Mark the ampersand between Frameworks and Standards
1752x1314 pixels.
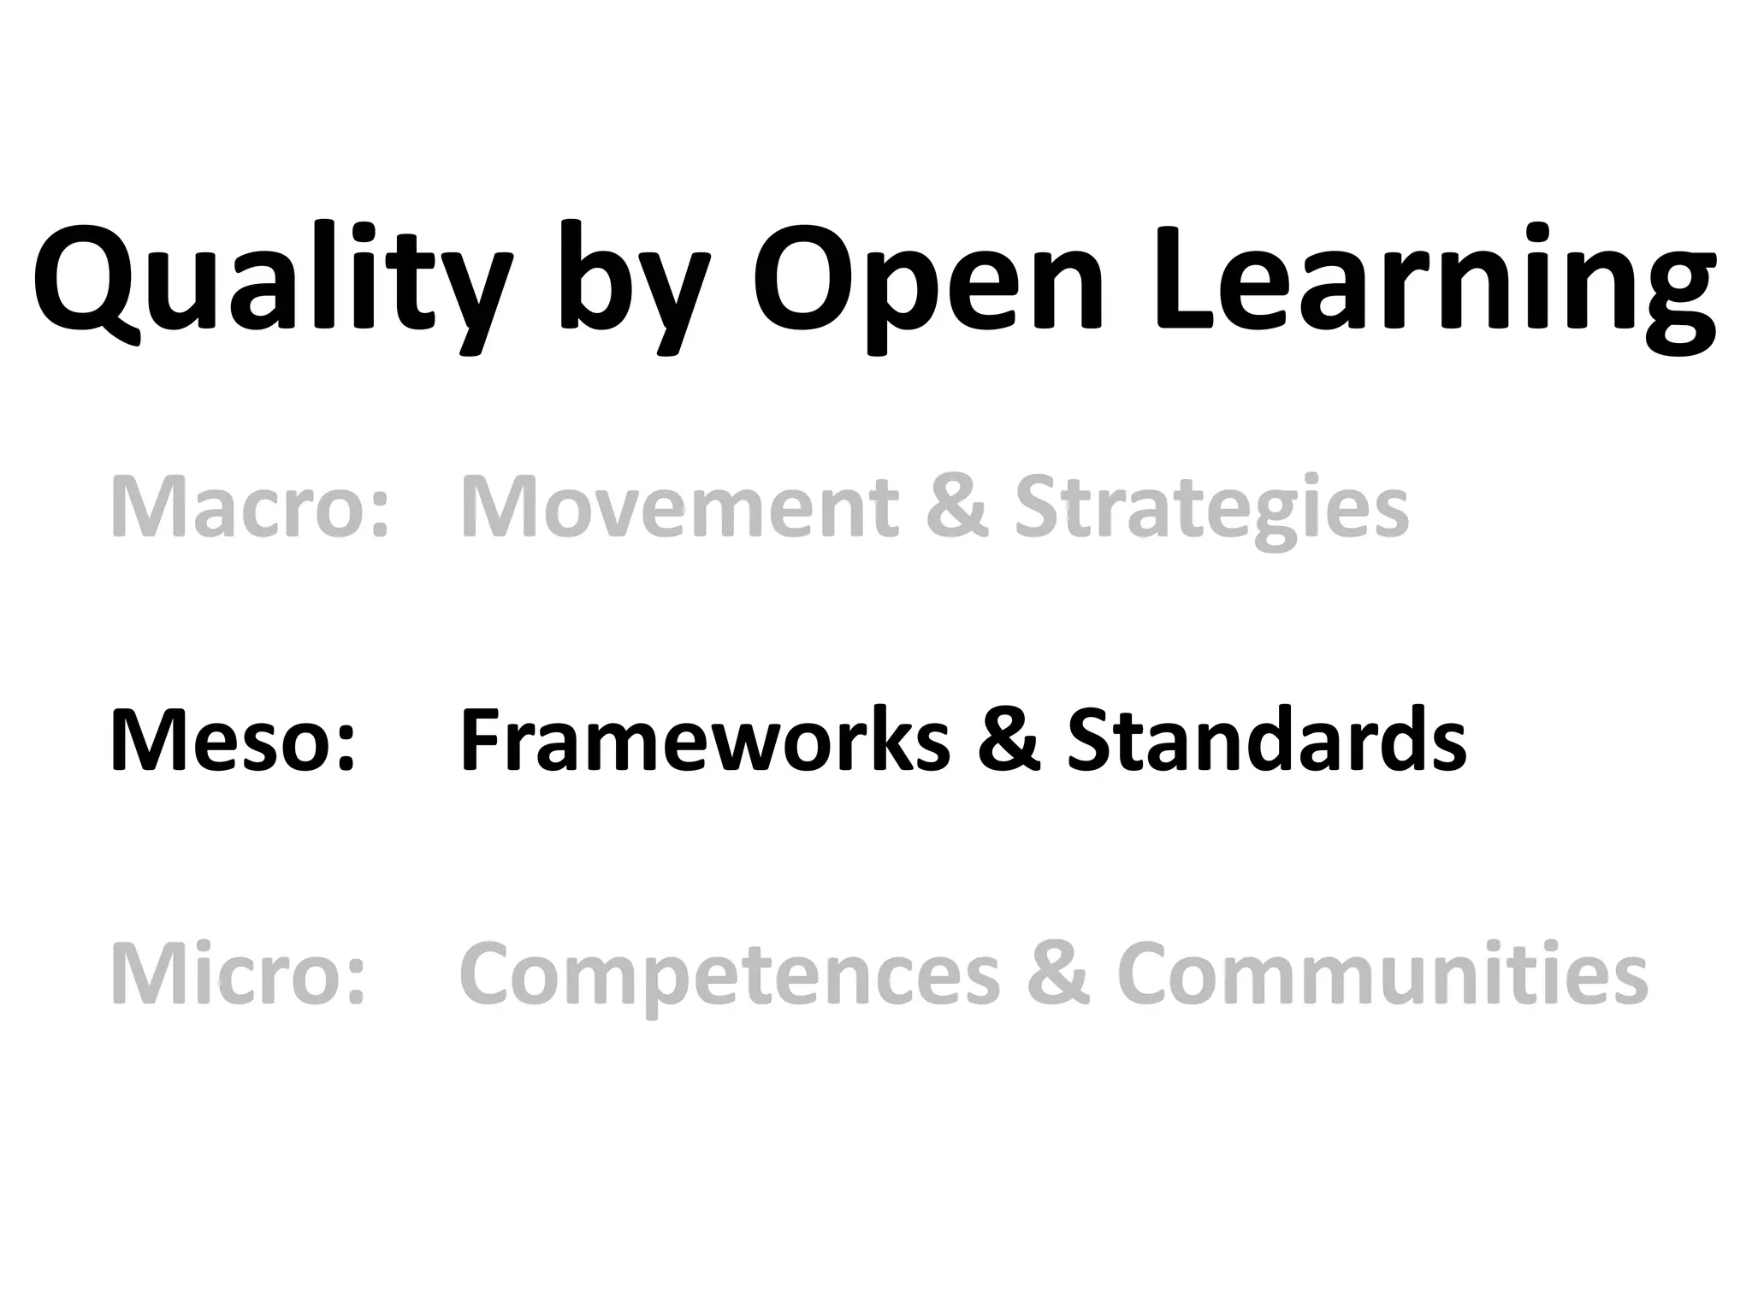coord(1009,741)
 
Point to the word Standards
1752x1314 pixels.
coord(1267,741)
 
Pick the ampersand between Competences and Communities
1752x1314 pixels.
coord(1059,974)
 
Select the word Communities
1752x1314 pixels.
coord(1382,974)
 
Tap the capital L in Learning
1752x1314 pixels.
coord(1184,278)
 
